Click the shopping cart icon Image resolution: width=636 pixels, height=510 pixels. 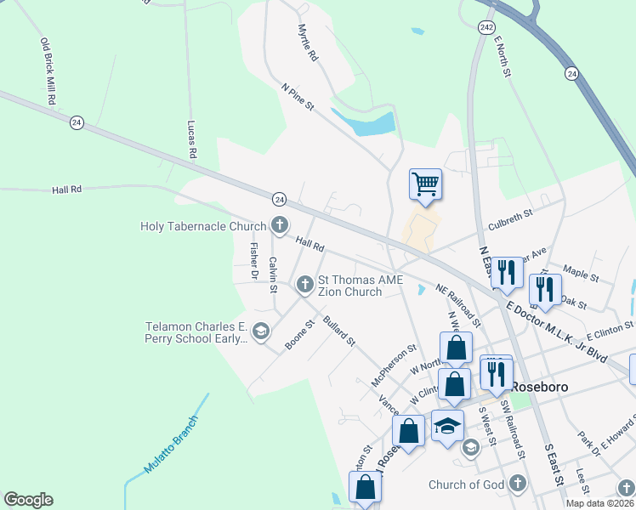[x=425, y=183]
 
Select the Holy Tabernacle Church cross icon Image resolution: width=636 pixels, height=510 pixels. [x=279, y=225]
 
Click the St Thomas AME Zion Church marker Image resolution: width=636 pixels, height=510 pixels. [x=305, y=285]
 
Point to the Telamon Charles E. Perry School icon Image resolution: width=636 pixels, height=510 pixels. [x=261, y=331]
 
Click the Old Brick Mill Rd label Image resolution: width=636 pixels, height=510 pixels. [x=48, y=71]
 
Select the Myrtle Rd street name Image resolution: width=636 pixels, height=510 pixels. [x=307, y=42]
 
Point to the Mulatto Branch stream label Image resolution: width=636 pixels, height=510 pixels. [x=171, y=445]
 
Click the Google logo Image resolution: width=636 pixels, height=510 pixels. [x=28, y=500]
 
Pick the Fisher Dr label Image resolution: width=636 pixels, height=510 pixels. [x=253, y=262]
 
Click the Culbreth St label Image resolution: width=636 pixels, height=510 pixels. [x=510, y=219]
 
